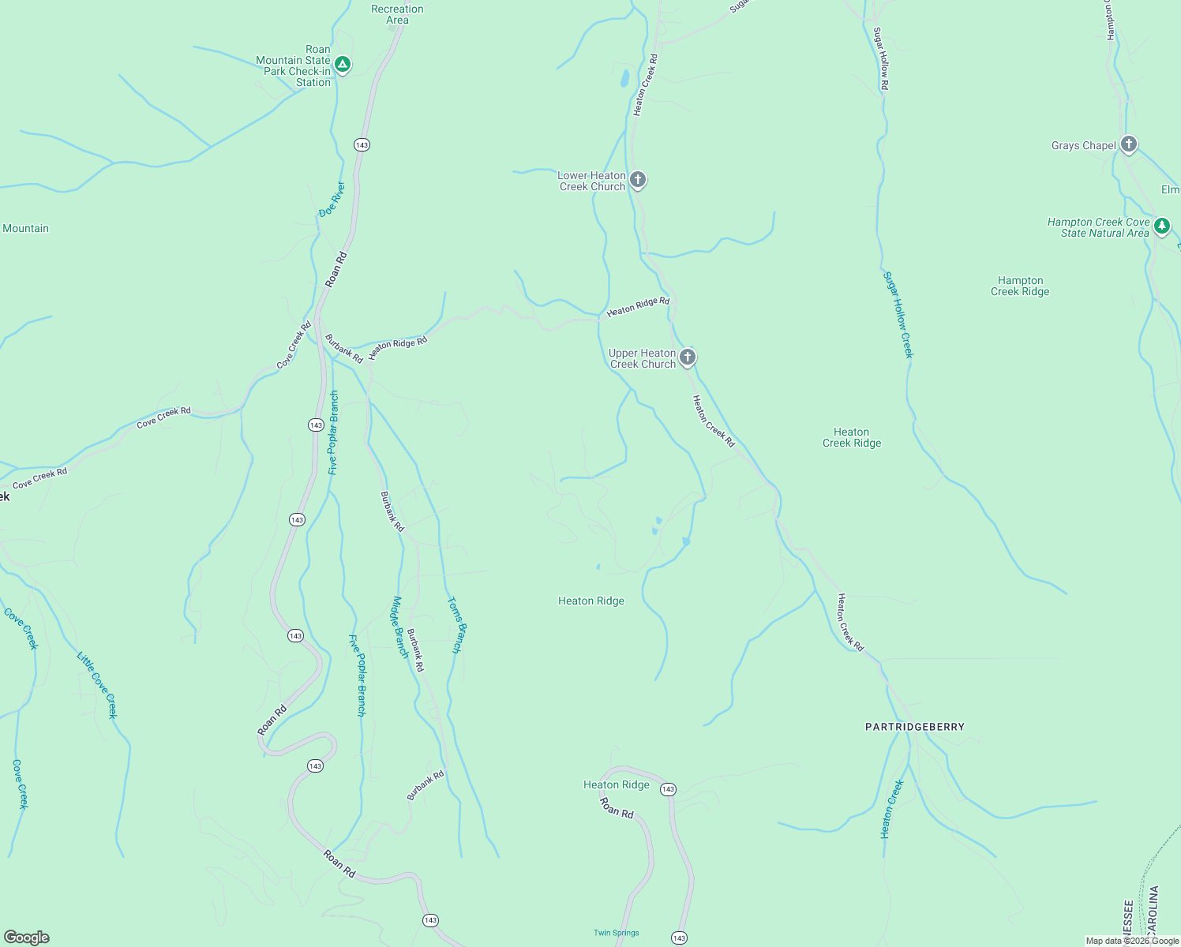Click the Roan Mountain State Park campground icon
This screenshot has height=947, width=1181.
click(342, 65)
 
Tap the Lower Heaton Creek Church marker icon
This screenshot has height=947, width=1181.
click(639, 181)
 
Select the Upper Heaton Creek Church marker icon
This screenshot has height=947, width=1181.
click(688, 358)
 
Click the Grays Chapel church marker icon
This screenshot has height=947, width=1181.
click(1129, 144)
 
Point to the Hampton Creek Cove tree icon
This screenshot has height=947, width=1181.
click(1161, 227)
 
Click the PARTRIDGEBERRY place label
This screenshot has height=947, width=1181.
click(914, 727)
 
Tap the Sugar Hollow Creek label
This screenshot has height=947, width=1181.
click(898, 315)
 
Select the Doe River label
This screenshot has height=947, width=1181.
click(332, 200)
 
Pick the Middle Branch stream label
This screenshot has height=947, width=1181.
click(401, 627)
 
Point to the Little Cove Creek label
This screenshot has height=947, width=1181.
click(96, 684)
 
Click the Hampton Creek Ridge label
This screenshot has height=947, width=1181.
click(1020, 286)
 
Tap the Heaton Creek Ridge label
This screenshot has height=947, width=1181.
click(851, 437)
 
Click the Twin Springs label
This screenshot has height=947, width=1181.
click(616, 933)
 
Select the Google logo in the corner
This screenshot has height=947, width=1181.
click(27, 937)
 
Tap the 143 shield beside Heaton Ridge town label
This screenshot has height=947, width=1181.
click(668, 789)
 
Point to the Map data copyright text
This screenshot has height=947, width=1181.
click(1131, 941)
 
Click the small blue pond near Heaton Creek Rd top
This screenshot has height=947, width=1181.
click(624, 78)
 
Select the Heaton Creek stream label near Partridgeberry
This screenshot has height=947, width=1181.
click(892, 809)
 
